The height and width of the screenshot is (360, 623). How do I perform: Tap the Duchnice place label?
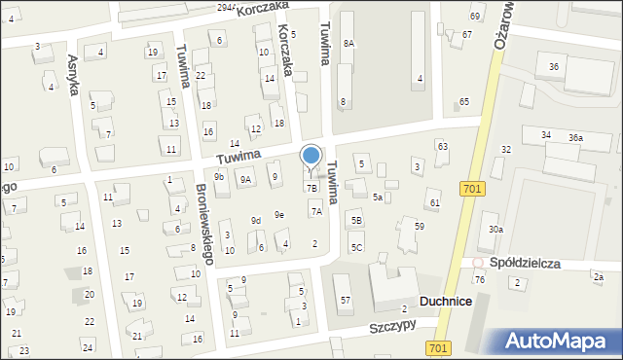tap(445, 303)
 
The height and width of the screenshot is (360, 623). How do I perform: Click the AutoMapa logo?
tap(560, 340)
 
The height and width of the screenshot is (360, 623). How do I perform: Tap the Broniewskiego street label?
tap(203, 224)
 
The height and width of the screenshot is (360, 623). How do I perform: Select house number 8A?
tap(348, 43)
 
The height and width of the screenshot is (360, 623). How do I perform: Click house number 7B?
tap(312, 187)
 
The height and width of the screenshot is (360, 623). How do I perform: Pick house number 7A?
tap(316, 210)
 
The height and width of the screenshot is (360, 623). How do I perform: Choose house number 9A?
tap(246, 178)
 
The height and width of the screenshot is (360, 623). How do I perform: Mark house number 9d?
tap(256, 221)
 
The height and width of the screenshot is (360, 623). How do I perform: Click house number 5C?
tap(356, 247)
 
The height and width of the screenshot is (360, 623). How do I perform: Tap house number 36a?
tap(575, 138)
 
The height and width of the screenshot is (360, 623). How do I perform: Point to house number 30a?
tap(495, 229)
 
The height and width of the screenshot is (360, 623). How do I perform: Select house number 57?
tap(346, 301)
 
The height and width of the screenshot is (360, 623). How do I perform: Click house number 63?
tap(442, 146)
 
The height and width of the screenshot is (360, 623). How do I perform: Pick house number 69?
tap(475, 17)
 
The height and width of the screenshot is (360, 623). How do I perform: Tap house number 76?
tap(479, 280)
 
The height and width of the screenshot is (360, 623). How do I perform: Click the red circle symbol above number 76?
tap(478, 263)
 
